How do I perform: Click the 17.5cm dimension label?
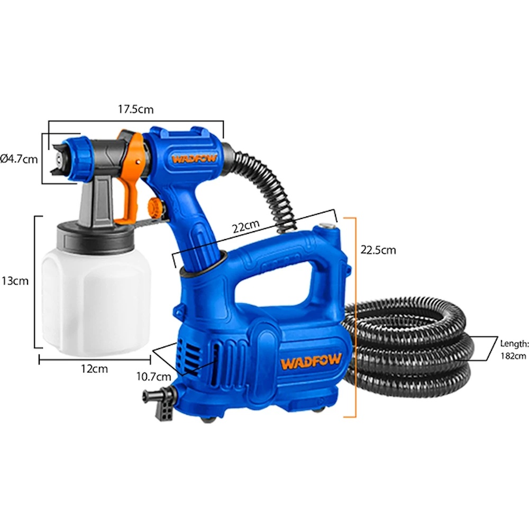[x=135, y=110]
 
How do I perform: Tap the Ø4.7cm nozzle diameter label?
[x=19, y=159]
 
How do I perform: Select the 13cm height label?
[x=15, y=281]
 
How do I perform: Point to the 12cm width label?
[x=95, y=369]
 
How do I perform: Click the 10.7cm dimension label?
[x=153, y=377]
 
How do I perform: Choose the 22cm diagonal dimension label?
[x=247, y=226]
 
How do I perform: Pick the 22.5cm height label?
[x=378, y=250]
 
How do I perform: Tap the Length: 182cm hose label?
[x=514, y=350]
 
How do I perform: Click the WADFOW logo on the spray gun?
[x=194, y=159]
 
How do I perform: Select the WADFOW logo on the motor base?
[x=311, y=362]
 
